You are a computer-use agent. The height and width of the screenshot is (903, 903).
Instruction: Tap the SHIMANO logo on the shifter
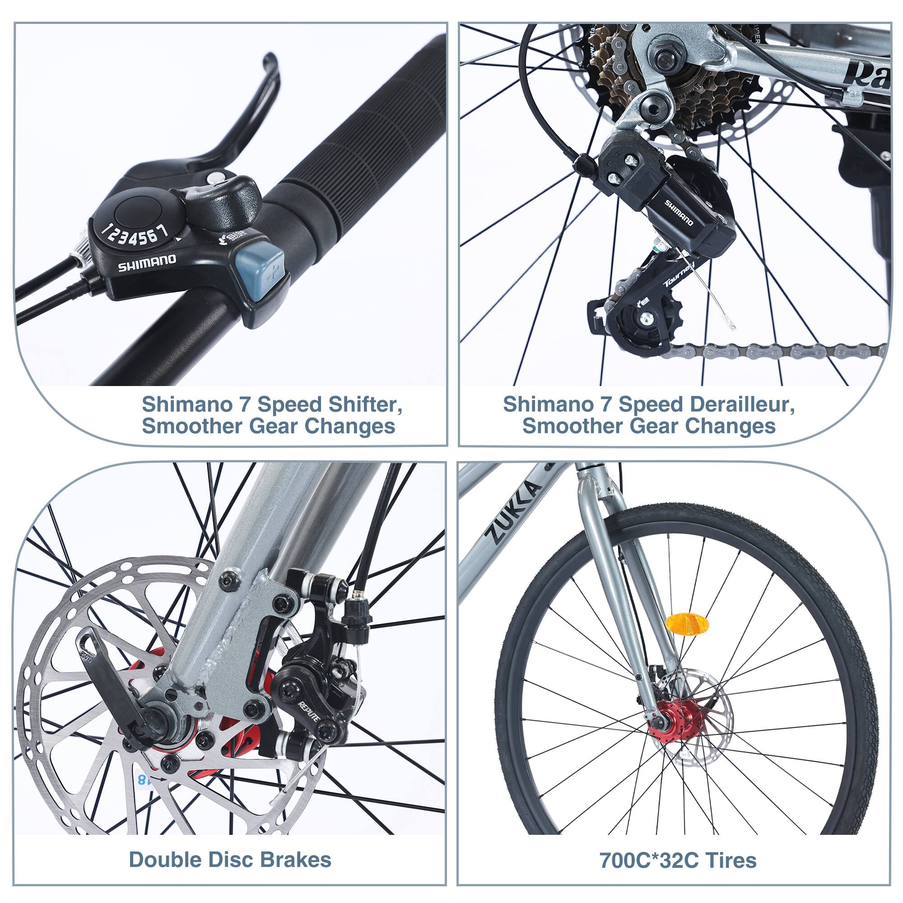pyautogui.click(x=146, y=263)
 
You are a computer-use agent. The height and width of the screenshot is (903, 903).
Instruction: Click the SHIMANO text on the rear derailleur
pyautogui.click(x=679, y=213)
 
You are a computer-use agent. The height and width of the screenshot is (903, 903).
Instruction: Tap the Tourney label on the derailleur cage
pyautogui.click(x=679, y=275)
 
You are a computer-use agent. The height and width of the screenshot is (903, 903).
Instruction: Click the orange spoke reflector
pyautogui.click(x=687, y=624)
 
